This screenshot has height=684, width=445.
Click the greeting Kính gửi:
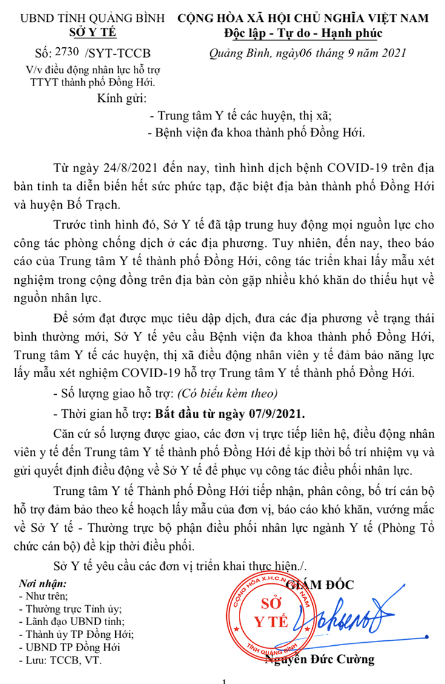[122, 98]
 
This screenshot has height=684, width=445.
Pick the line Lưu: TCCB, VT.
[61, 660]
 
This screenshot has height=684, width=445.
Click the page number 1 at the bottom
[224, 680]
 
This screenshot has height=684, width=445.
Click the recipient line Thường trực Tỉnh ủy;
[70, 609]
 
